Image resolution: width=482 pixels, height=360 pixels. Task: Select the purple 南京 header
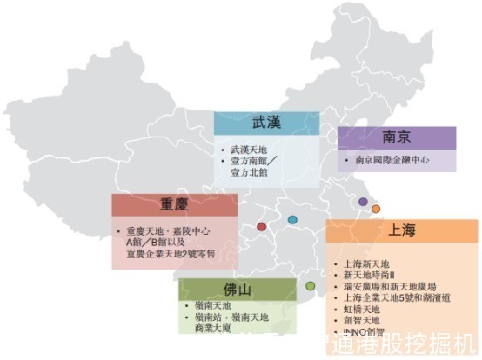click(396, 137)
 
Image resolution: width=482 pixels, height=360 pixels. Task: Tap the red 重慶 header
click(174, 205)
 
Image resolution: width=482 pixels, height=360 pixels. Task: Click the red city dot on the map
click(261, 227)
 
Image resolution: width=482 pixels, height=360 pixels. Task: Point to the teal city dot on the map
click(292, 219)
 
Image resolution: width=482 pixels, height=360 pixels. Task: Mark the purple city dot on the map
click(363, 202)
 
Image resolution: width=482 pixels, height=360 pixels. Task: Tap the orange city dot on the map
click(376, 209)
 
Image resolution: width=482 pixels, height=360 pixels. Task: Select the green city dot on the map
click(311, 286)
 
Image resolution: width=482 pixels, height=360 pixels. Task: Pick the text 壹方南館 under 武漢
click(252, 162)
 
